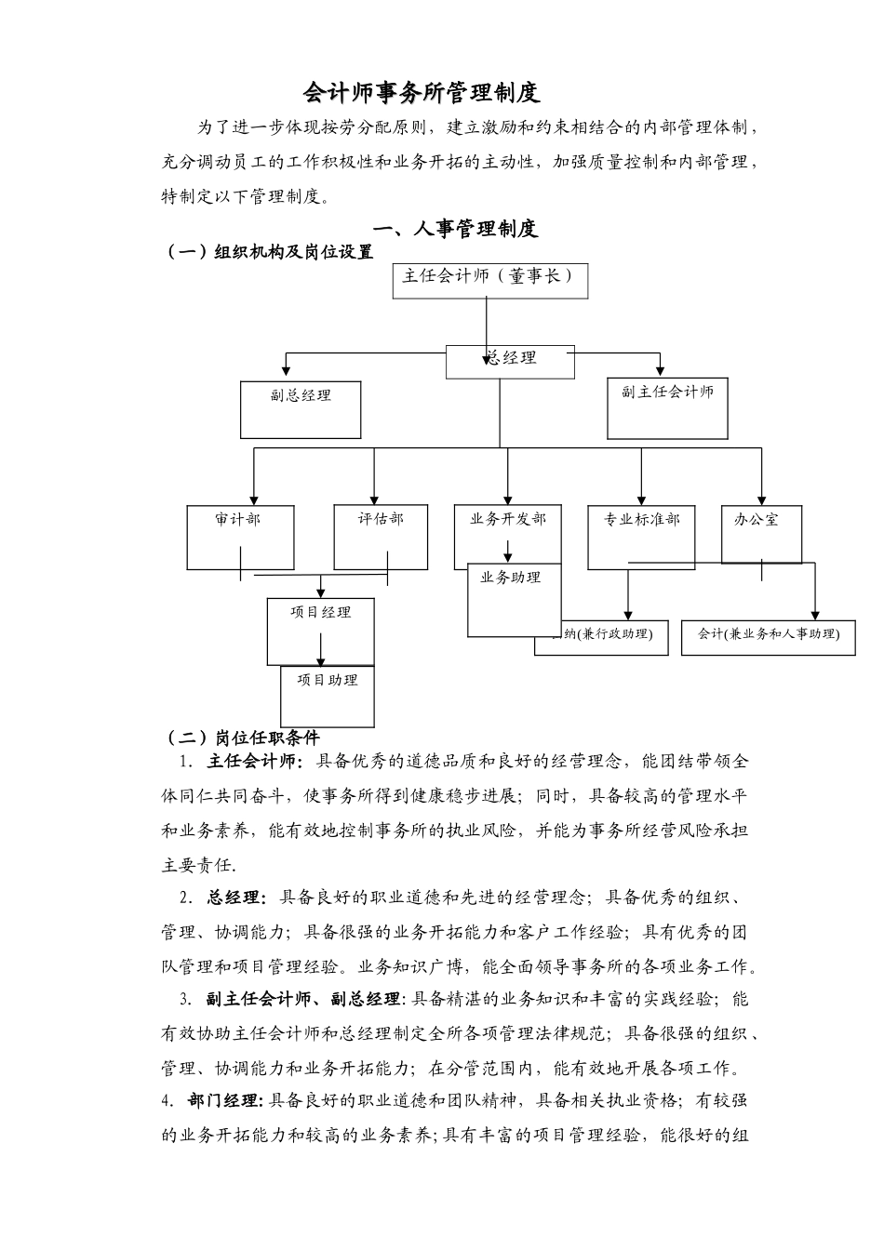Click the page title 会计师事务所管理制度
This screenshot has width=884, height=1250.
click(x=422, y=93)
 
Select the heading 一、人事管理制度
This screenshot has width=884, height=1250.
click(x=455, y=228)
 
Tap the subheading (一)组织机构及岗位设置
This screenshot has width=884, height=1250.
click(x=269, y=251)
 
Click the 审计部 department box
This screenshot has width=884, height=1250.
click(x=240, y=536)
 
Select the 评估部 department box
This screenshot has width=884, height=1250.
click(x=381, y=536)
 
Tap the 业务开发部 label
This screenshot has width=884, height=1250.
click(x=508, y=519)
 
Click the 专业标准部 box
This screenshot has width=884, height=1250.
click(x=641, y=536)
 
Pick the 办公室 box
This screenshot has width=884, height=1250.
click(x=760, y=532)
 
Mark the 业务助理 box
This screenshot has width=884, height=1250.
click(x=514, y=599)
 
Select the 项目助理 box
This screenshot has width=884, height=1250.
click(x=328, y=695)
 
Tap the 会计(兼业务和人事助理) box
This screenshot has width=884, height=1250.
click(x=768, y=636)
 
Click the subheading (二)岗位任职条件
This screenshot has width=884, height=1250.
click(x=242, y=738)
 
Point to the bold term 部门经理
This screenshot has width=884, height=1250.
click(x=225, y=1101)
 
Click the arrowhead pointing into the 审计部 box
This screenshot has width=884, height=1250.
click(x=254, y=499)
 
